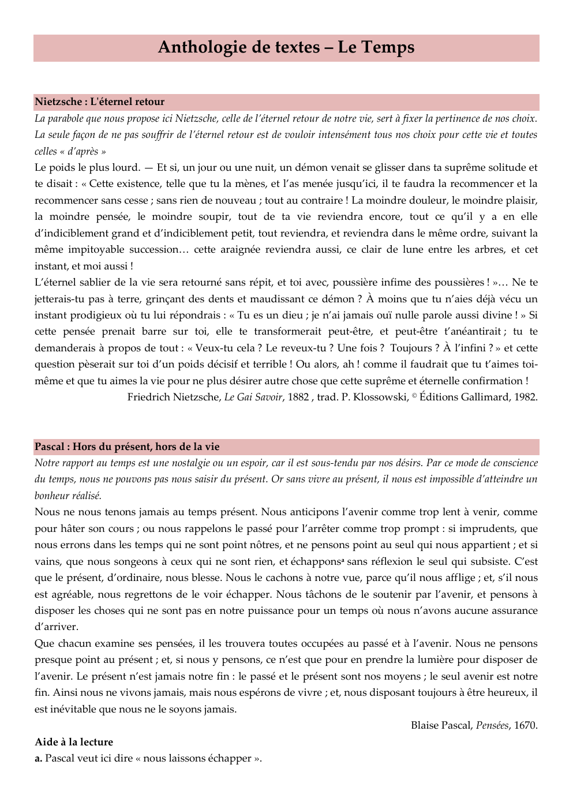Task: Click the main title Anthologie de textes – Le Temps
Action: click(286, 47)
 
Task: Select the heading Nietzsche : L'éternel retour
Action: click(99, 102)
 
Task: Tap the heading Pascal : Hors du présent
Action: click(127, 447)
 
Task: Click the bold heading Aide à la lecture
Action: click(74, 742)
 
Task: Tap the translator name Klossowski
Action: click(380, 397)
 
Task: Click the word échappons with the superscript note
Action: click(316, 561)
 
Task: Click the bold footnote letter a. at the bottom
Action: click(39, 758)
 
